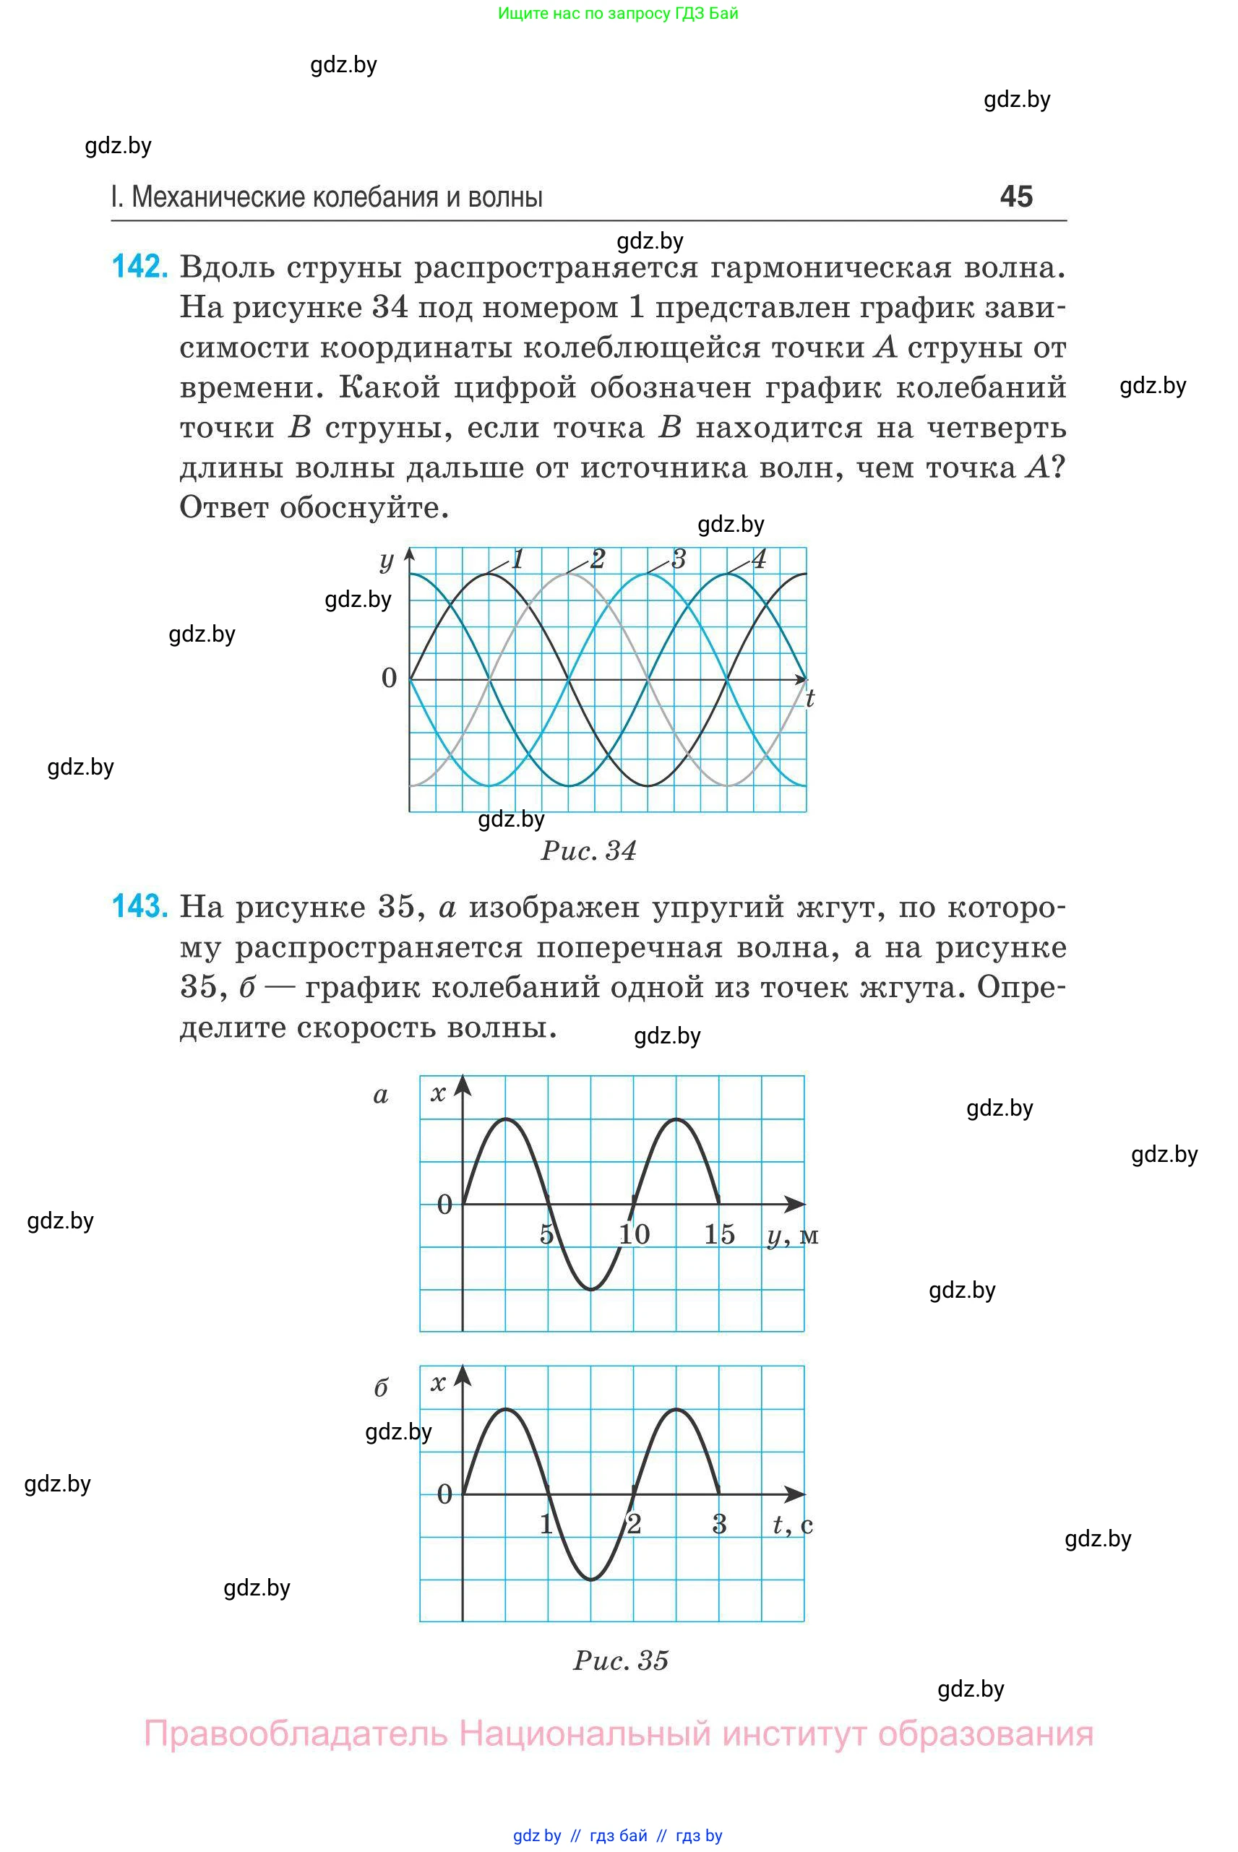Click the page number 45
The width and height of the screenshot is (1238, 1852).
click(x=1015, y=197)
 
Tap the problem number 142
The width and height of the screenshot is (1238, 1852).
click(x=139, y=267)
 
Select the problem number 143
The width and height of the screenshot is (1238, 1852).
click(x=139, y=906)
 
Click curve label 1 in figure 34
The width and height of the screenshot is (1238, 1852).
click(x=518, y=559)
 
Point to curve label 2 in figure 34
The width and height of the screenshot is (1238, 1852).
click(x=598, y=559)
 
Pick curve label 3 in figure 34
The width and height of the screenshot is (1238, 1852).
click(x=678, y=559)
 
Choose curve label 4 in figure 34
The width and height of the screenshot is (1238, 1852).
click(x=759, y=559)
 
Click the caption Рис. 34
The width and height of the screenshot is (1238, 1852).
click(x=588, y=851)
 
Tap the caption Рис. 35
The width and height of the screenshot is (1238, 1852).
click(x=621, y=1661)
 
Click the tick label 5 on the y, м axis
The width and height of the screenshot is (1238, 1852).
click(x=546, y=1234)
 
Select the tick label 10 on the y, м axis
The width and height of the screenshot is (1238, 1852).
click(x=634, y=1234)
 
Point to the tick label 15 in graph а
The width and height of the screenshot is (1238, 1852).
click(x=719, y=1234)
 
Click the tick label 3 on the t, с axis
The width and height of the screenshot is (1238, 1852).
click(x=719, y=1525)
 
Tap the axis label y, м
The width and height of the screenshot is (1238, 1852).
click(x=792, y=1236)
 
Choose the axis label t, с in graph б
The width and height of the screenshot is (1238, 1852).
click(x=792, y=1525)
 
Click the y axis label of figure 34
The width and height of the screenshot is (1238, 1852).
click(x=386, y=561)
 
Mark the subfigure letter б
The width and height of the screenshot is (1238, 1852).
click(x=381, y=1388)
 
